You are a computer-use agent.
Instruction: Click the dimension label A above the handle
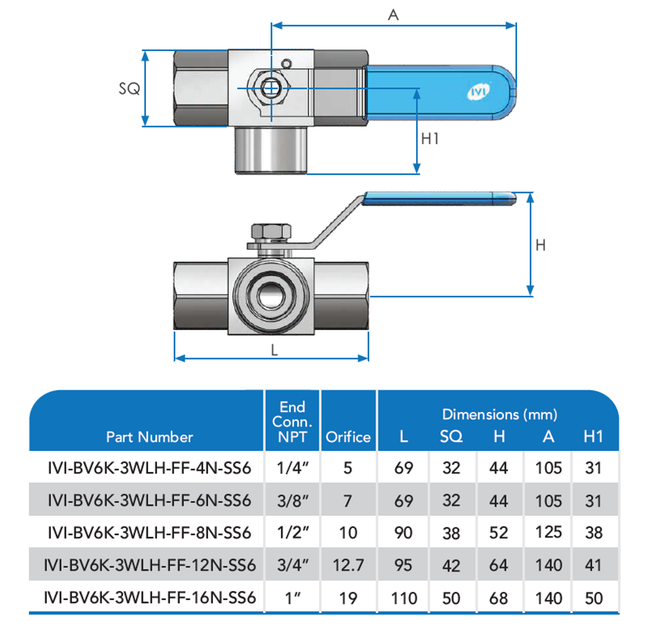pyautogui.click(x=393, y=15)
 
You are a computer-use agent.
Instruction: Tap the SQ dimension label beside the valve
pyautogui.click(x=129, y=89)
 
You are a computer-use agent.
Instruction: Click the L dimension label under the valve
pyautogui.click(x=274, y=350)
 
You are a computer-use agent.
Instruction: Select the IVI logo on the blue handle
pyautogui.click(x=478, y=92)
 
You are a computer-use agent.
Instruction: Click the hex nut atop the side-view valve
pyautogui.click(x=271, y=232)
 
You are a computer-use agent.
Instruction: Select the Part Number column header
pyautogui.click(x=149, y=437)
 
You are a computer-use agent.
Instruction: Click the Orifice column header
pyautogui.click(x=348, y=437)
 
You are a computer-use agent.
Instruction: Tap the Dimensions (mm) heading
pyautogui.click(x=500, y=414)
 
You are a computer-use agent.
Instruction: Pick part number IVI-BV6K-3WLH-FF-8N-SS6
pyautogui.click(x=149, y=532)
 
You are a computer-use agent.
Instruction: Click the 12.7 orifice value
pyautogui.click(x=348, y=565)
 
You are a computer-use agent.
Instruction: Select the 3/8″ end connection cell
pyautogui.click(x=292, y=501)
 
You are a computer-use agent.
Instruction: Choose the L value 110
pyautogui.click(x=404, y=598)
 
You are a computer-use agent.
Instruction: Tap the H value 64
pyautogui.click(x=498, y=565)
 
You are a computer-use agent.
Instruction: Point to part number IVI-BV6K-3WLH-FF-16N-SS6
pyautogui.click(x=149, y=598)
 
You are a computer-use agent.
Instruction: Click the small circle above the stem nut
pyautogui.click(x=287, y=64)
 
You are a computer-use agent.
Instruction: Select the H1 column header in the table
pyautogui.click(x=593, y=437)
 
